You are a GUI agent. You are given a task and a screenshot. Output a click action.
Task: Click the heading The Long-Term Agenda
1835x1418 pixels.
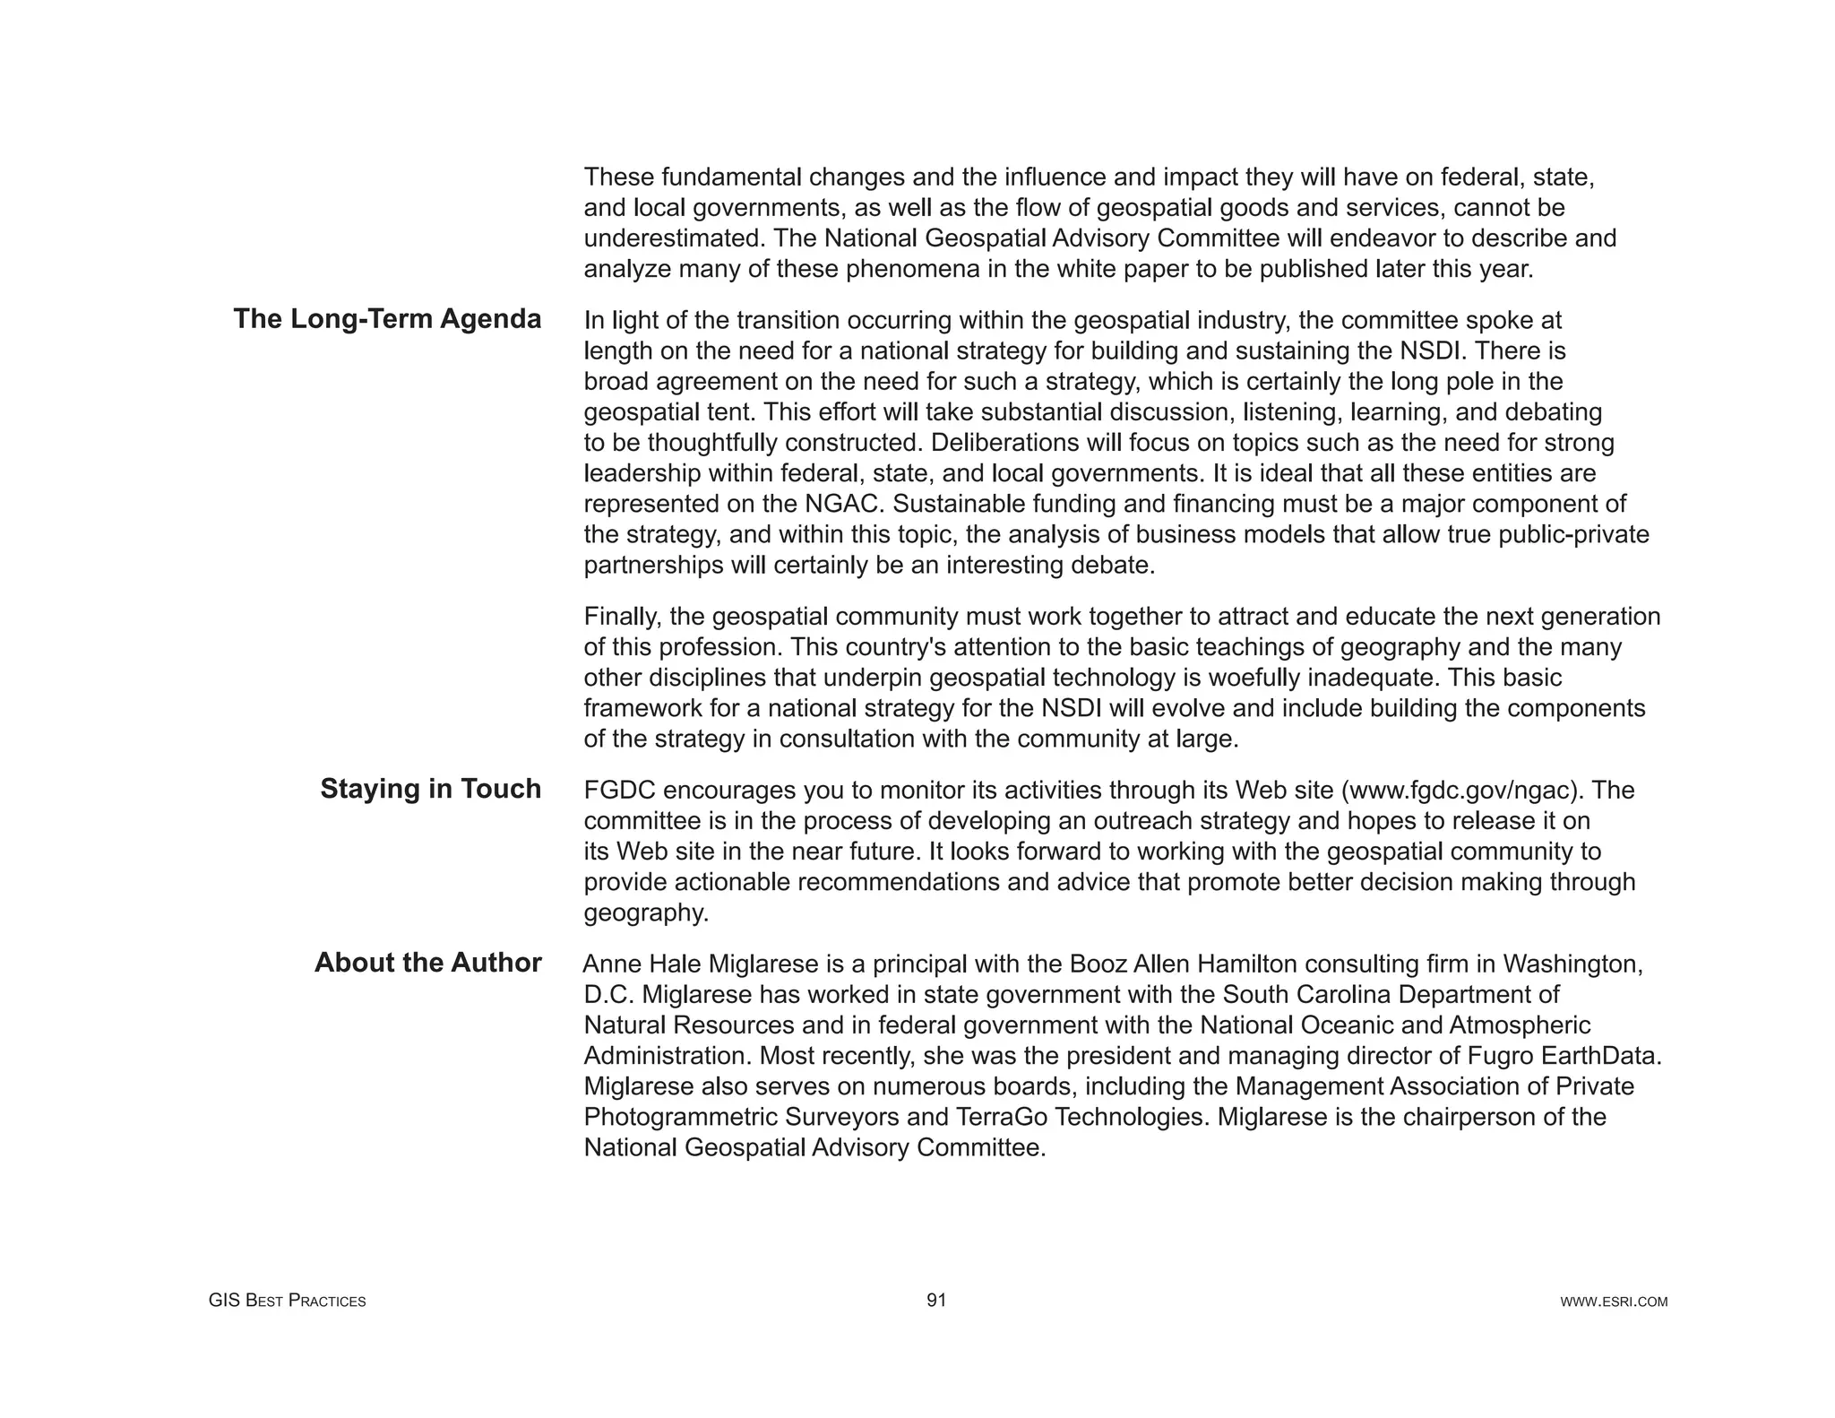coord(387,319)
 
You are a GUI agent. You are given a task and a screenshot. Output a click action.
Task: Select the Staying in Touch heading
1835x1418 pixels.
coord(430,789)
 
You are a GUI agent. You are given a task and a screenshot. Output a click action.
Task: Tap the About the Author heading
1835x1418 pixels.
coord(427,963)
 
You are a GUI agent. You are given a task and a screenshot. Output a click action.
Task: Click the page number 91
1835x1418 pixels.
coord(936,1301)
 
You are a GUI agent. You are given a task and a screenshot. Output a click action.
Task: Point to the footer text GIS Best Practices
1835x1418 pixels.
coord(287,1301)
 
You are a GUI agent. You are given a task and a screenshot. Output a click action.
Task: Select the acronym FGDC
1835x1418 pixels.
coord(619,791)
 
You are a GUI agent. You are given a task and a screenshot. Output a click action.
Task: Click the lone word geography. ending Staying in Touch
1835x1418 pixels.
coord(646,912)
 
